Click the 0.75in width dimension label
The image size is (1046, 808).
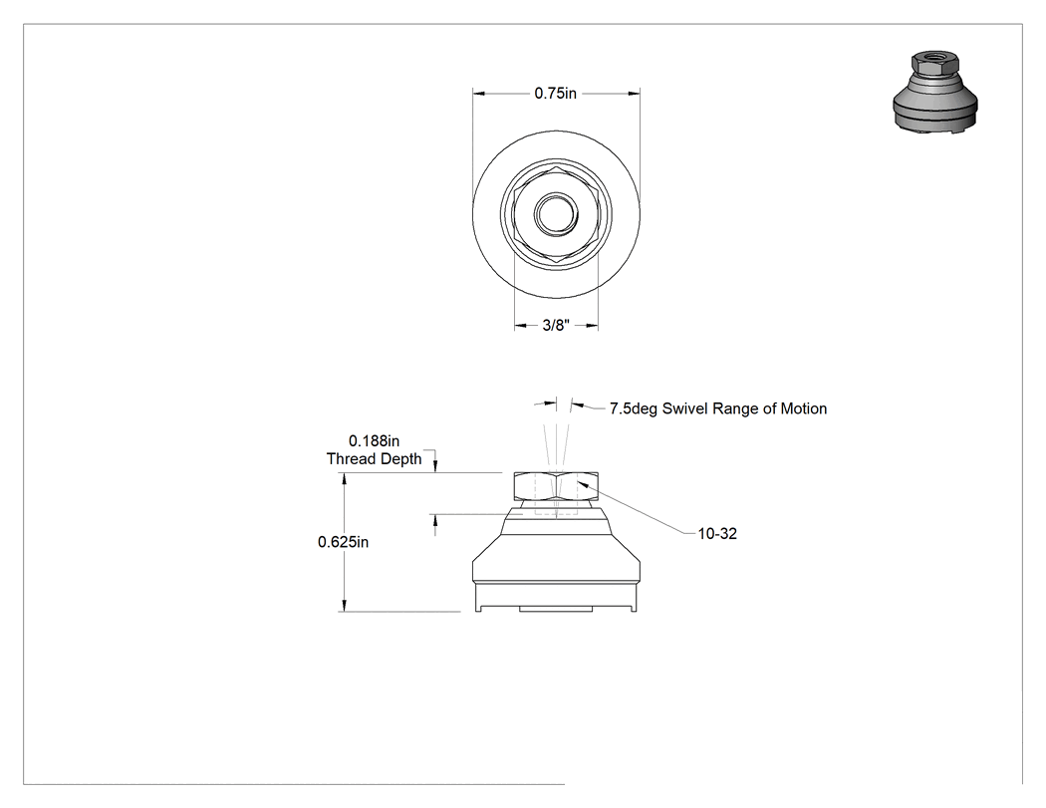coord(555,94)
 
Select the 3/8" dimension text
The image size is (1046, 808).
coord(556,326)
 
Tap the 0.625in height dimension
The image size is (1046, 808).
coord(343,542)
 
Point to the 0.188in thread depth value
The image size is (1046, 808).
coord(375,441)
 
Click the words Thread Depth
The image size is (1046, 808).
coord(375,459)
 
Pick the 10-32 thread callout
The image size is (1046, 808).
coord(717,534)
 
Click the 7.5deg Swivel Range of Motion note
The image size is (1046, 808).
coord(718,408)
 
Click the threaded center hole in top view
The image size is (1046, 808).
coord(556,214)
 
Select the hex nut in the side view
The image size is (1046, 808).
coord(556,486)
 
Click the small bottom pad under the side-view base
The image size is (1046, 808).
coord(556,609)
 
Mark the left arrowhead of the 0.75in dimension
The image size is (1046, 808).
coord(480,94)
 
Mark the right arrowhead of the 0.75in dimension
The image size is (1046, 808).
coord(633,94)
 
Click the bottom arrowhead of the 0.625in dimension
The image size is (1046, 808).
coord(345,604)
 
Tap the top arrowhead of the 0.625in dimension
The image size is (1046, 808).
coord(345,480)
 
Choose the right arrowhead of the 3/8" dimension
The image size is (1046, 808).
coord(591,326)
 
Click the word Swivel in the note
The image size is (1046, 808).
coord(685,408)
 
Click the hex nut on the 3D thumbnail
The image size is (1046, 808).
coord(935,65)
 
